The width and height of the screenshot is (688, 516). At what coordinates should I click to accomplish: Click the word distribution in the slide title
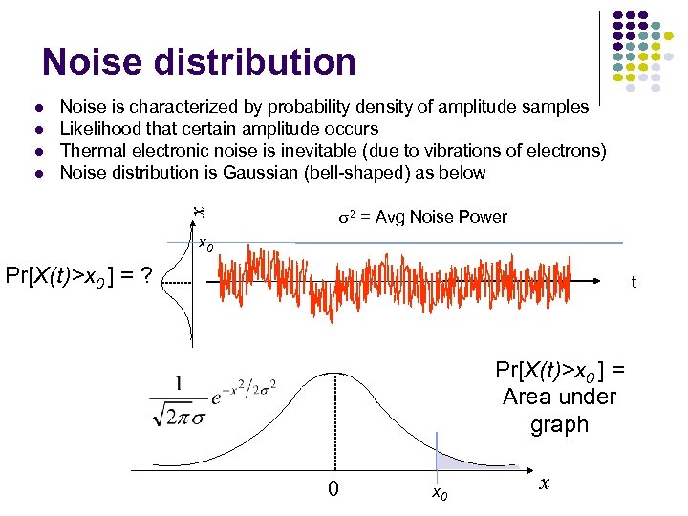[261, 62]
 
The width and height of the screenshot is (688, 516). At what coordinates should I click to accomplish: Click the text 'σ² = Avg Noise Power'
[423, 217]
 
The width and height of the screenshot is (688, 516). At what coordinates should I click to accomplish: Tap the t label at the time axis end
[633, 283]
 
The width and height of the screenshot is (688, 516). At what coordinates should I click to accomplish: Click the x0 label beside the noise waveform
[204, 245]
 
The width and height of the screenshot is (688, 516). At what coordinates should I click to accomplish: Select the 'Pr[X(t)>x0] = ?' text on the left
[79, 277]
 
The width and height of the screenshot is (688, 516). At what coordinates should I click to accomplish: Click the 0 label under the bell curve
[333, 490]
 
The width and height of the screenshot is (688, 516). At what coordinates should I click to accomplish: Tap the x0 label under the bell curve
[440, 493]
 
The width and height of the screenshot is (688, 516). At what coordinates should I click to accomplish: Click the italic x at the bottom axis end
[543, 484]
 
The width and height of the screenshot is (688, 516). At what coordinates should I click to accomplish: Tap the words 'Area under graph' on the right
[559, 409]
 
